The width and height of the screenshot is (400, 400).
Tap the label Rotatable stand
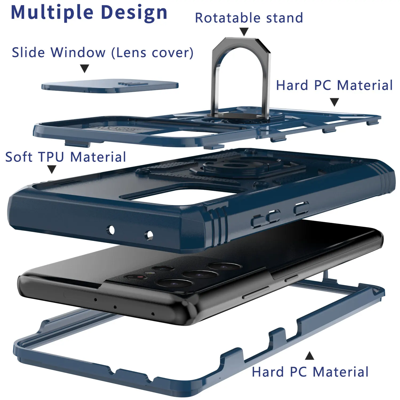click(x=249, y=18)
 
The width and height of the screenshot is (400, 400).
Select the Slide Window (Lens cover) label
click(x=102, y=52)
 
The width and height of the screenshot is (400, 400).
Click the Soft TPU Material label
click(x=66, y=157)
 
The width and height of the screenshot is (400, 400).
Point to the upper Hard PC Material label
click(x=334, y=85)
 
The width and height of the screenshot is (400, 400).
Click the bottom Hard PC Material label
click(x=310, y=372)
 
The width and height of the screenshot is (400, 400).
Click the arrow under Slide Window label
click(x=85, y=68)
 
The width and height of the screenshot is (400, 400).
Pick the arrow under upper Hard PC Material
click(x=334, y=102)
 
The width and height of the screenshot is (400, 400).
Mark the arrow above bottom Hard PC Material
click(x=309, y=356)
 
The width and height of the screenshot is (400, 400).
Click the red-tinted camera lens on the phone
click(x=139, y=277)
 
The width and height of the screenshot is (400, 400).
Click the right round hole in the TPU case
click(x=150, y=235)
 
